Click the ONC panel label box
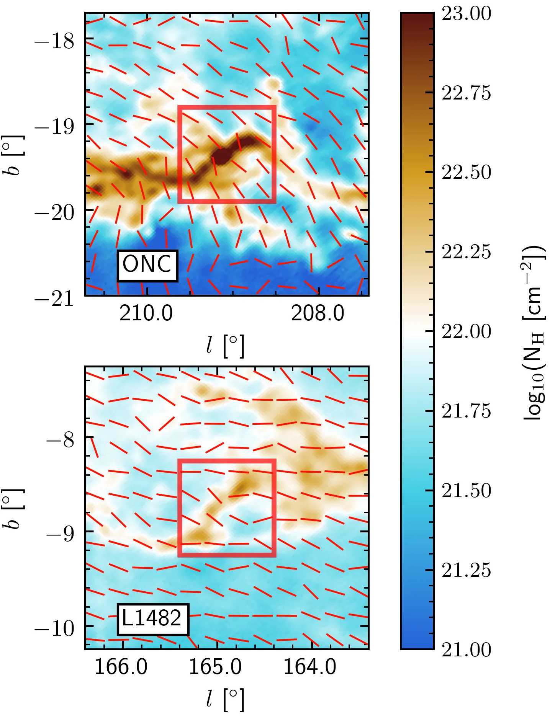tap(147, 265)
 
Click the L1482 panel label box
tap(152, 619)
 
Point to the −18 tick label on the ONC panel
tap(54, 41)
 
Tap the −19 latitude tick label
tap(54, 126)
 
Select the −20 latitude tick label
tap(54, 212)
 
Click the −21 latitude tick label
tap(54, 298)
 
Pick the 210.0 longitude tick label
tap(146, 314)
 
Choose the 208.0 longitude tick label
tap(318, 314)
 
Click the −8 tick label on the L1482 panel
tap(60, 440)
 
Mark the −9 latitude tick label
tap(60, 533)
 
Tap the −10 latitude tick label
tap(54, 628)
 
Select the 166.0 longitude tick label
tap(121, 667)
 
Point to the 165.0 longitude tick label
tap(215, 667)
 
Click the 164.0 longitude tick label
tap(310, 667)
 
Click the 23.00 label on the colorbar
tap(466, 14)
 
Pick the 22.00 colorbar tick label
tap(466, 331)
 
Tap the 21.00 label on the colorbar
tap(466, 650)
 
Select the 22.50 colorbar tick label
tap(466, 173)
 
